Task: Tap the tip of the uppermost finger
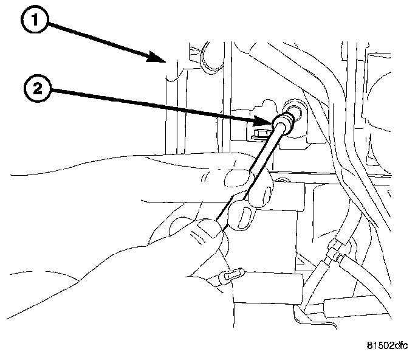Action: [x=236, y=178]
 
